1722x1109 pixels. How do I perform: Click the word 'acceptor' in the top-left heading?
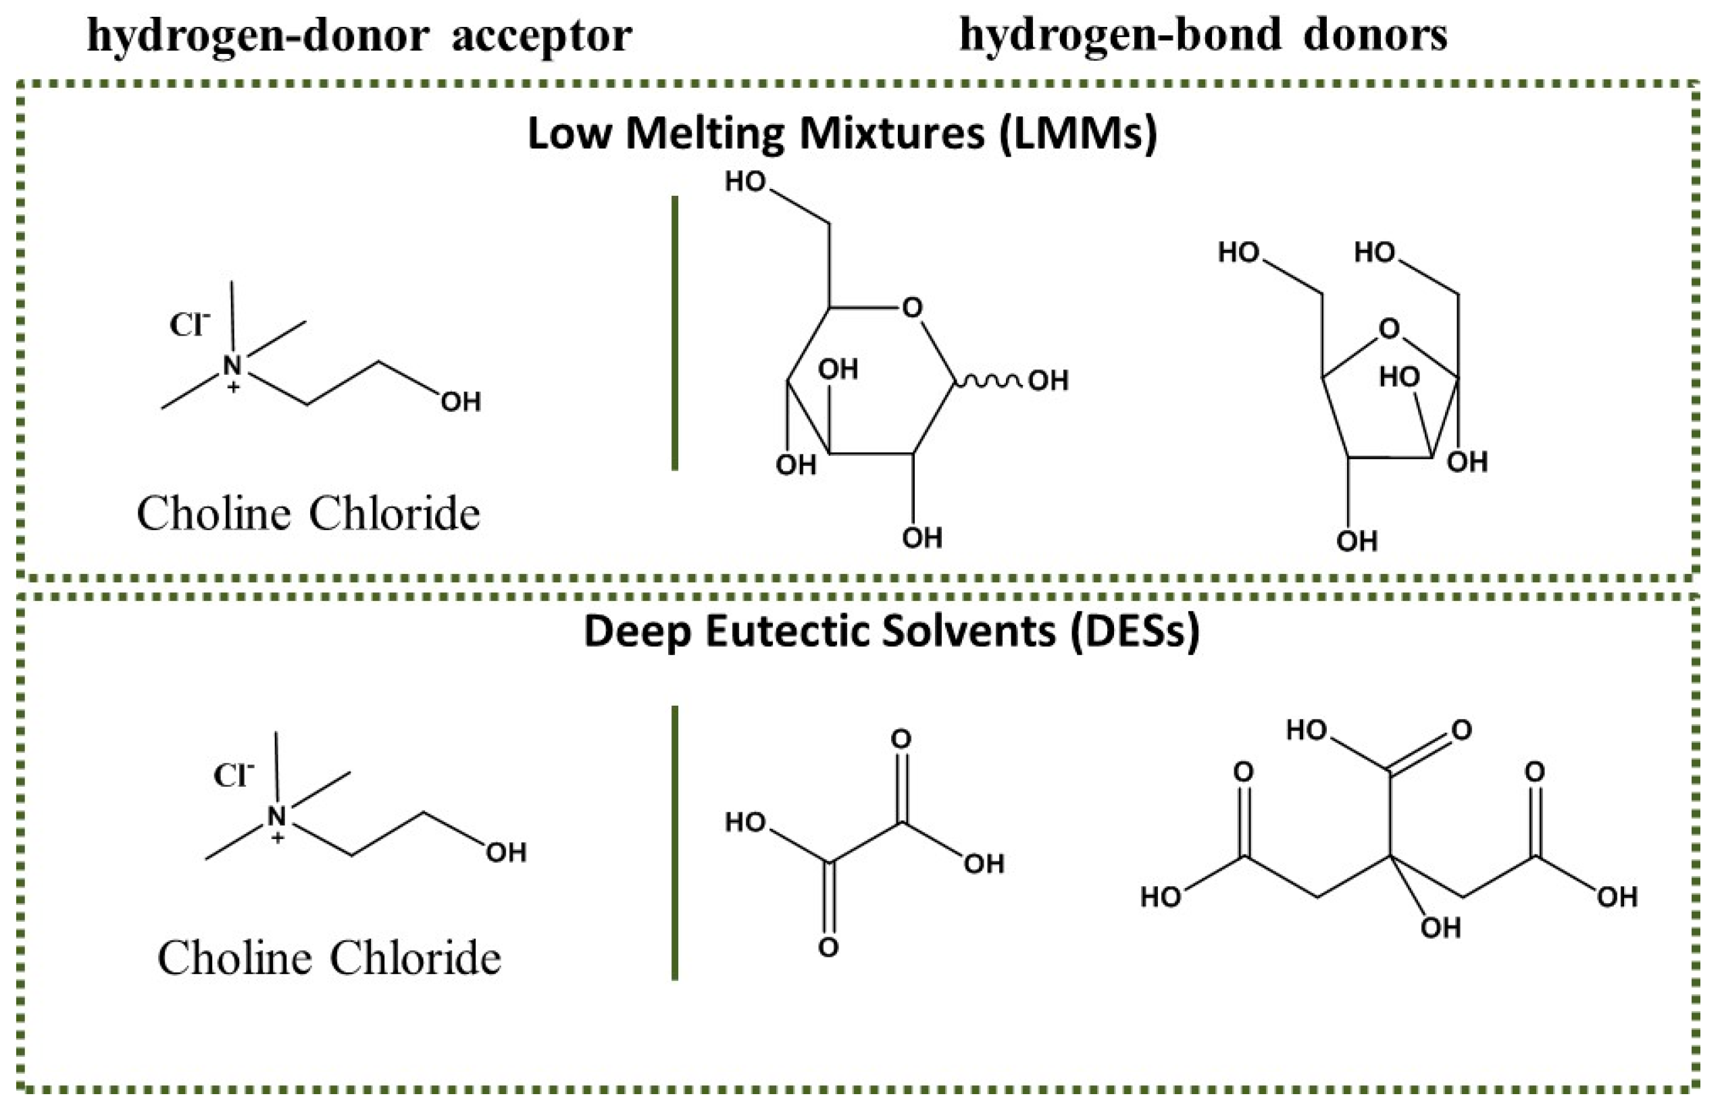coord(542,36)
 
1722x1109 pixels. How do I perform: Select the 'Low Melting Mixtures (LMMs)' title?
coord(842,134)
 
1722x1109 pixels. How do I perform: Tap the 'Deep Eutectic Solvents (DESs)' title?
coord(891,631)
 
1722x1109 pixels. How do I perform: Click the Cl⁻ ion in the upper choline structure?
coord(189,325)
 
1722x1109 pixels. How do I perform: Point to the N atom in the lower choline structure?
coord(277,817)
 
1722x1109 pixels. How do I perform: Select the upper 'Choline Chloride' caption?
coord(308,514)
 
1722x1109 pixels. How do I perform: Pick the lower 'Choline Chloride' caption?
coord(329,958)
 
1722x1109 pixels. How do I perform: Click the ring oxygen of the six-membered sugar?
coord(912,308)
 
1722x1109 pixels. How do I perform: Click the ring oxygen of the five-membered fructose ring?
coord(1389,329)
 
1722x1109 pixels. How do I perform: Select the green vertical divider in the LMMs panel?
coord(674,333)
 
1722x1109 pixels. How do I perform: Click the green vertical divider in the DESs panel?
coord(674,842)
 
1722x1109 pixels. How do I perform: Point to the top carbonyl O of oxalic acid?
coord(901,739)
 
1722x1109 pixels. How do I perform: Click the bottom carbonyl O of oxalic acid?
coord(829,948)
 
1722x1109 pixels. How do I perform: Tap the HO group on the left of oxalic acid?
coord(744,822)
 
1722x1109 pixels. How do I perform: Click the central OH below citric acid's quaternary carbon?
coord(1440,928)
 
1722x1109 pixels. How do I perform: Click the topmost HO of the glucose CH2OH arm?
coord(744,182)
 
